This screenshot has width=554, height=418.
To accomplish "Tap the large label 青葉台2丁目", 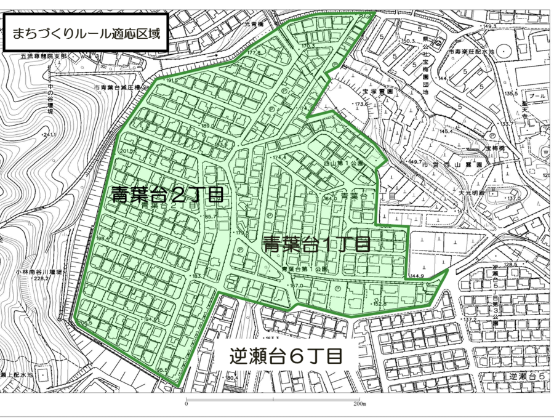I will click(167, 196).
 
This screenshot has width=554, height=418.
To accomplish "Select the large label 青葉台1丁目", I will click(316, 244).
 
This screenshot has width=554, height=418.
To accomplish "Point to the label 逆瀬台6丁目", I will click(286, 356).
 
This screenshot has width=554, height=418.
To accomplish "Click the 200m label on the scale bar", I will click(359, 405).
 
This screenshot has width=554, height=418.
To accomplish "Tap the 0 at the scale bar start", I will click(186, 405).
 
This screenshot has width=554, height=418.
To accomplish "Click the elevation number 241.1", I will click(49, 135).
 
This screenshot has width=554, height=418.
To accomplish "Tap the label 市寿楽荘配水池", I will click(476, 54).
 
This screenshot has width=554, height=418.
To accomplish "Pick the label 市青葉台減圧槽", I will click(118, 88).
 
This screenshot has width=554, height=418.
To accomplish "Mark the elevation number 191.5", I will click(171, 80).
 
